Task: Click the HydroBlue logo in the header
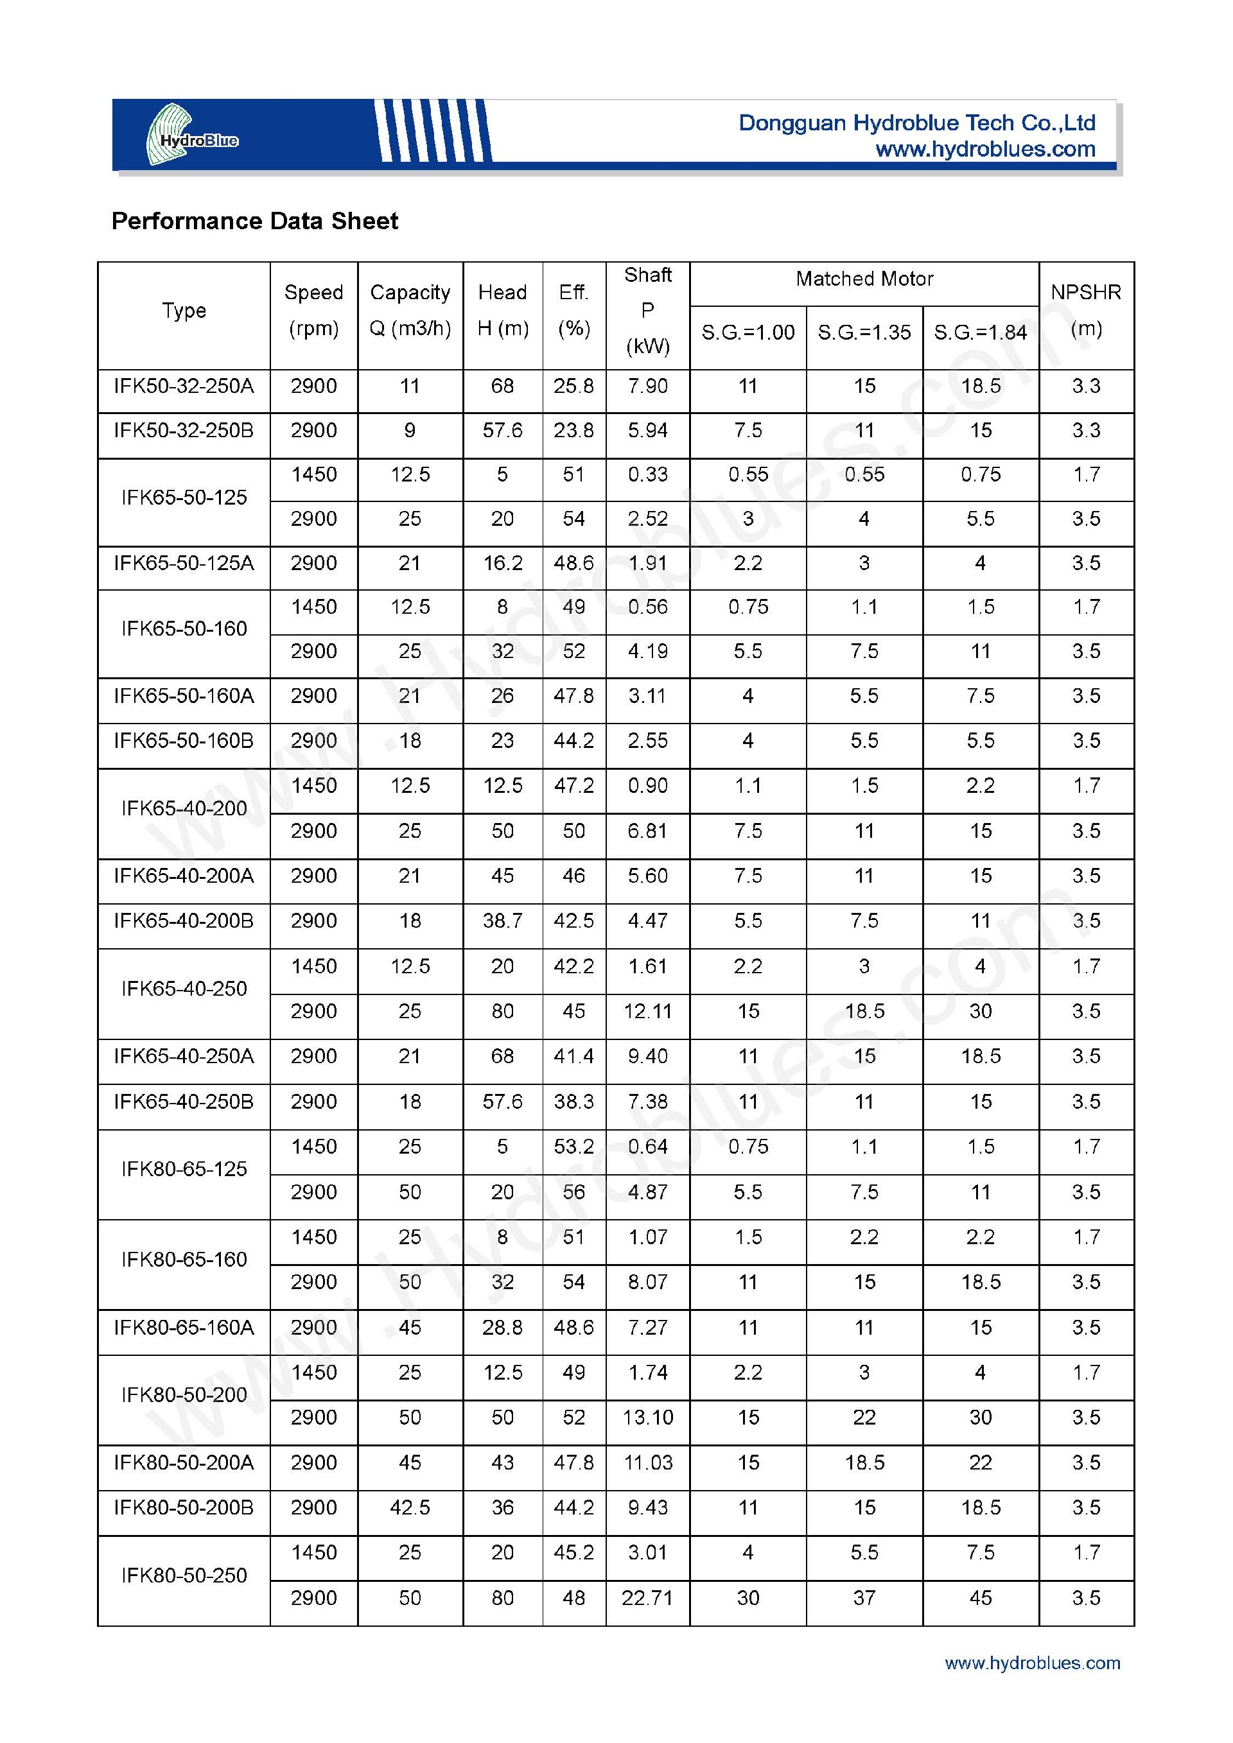(192, 135)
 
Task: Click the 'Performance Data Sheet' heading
(254, 221)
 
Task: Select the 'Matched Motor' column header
(864, 279)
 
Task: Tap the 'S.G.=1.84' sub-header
(980, 333)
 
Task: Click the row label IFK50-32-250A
(184, 386)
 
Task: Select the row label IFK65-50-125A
(184, 563)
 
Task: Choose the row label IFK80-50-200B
(184, 1507)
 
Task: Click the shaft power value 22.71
(647, 1598)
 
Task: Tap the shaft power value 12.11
(647, 1011)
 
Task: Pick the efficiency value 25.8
(573, 386)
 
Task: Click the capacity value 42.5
(410, 1507)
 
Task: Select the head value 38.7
(503, 921)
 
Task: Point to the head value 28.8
(503, 1327)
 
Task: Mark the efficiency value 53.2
(573, 1147)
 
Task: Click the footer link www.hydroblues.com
(1033, 1663)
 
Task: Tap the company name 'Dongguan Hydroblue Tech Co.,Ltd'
(917, 123)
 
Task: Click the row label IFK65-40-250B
(184, 1102)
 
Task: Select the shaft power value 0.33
(647, 474)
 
